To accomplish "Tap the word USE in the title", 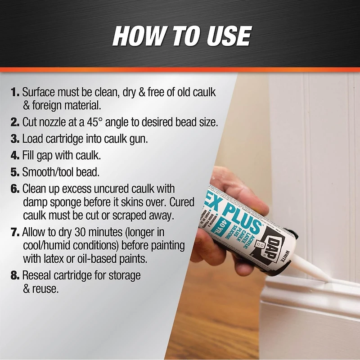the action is pyautogui.click(x=229, y=36).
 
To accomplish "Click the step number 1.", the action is pyautogui.click(x=15, y=92).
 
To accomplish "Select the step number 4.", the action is pyautogui.click(x=15, y=155).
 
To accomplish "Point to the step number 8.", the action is pyautogui.click(x=15, y=275).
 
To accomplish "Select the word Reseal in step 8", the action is pyautogui.click(x=36, y=275).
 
